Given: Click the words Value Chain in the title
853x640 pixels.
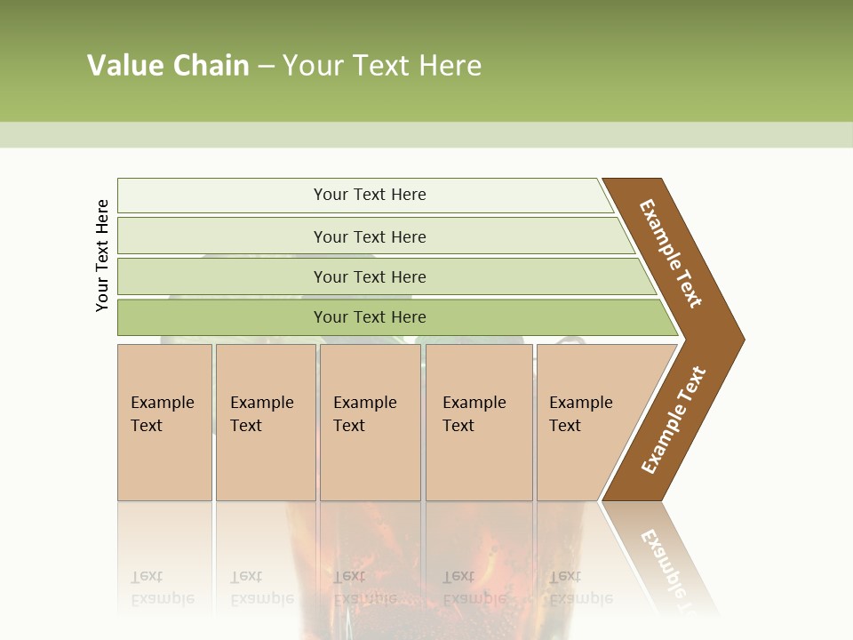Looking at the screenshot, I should click(168, 66).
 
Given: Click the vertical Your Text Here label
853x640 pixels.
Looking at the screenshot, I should click(103, 256).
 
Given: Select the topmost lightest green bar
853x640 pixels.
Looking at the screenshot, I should click(222, 196).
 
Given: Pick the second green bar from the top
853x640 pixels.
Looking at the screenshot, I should click(222, 236).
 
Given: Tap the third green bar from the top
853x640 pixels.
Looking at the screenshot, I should click(222, 276).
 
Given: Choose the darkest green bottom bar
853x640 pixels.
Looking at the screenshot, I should click(222, 317).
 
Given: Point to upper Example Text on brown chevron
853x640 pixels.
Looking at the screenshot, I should click(671, 253).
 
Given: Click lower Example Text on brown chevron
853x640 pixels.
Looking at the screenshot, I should click(673, 420).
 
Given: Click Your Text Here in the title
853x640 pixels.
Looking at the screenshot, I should click(382, 66).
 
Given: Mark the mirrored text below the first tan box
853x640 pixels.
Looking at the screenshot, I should click(162, 588).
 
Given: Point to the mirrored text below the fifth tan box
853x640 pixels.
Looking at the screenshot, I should click(580, 588).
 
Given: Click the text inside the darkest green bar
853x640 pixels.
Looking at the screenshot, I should click(370, 317).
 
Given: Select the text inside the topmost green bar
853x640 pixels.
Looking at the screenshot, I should click(370, 195).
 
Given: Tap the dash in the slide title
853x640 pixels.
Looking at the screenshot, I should click(266, 67).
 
